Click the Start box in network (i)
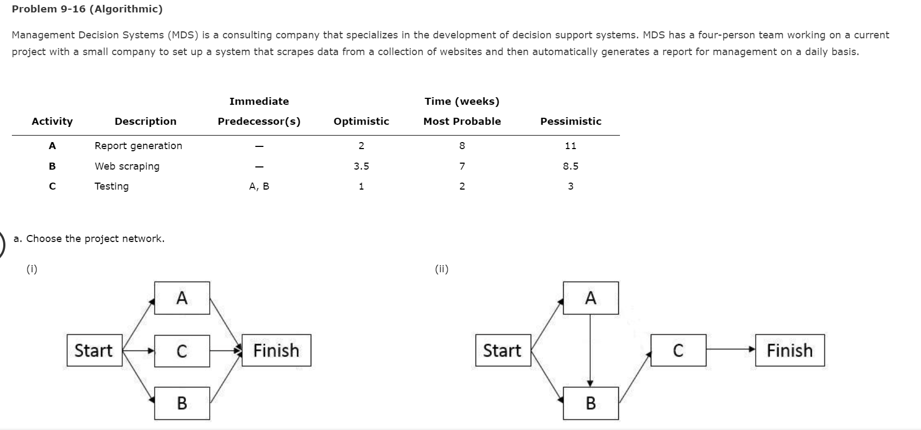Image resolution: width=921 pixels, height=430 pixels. pos(95,351)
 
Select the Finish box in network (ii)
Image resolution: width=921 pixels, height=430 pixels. pos(790,351)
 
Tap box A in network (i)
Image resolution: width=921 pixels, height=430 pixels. pos(182,298)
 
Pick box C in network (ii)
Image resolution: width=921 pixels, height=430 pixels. pos(678,351)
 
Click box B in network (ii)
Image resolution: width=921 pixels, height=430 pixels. pos(591,403)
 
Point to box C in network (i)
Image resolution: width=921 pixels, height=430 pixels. pos(182,351)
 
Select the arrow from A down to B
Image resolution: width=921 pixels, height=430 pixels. pos(590,350)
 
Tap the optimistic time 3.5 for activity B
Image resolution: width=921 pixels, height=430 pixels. pos(361,166)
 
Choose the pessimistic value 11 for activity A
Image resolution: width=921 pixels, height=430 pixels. pos(570,146)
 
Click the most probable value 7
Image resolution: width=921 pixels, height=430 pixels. pos(462,166)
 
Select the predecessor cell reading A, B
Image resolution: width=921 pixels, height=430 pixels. pos(259,186)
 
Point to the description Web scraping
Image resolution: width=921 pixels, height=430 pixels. pos(127,166)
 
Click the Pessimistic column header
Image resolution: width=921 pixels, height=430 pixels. pos(571,122)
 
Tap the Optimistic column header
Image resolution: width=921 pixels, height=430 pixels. pos(361,122)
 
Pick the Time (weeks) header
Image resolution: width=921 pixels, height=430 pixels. pos(462,102)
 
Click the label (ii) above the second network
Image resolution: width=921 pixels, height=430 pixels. pos(442,268)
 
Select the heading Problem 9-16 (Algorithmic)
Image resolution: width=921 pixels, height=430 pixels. pos(87,9)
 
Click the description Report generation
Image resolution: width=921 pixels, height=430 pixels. pos(138,146)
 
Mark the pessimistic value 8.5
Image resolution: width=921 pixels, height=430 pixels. pos(570,166)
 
